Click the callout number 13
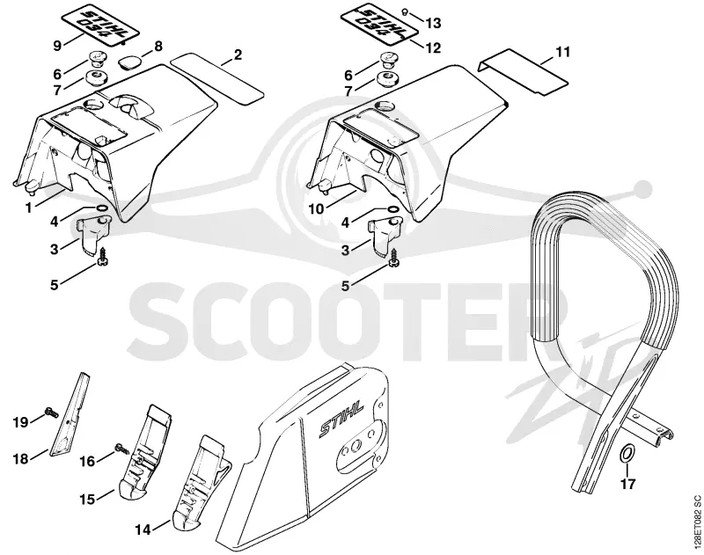pyautogui.click(x=433, y=23)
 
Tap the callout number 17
pyautogui.click(x=628, y=484)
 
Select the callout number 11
pyautogui.click(x=562, y=52)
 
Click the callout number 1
pyautogui.click(x=28, y=208)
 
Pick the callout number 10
pyautogui.click(x=317, y=208)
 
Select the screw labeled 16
pyautogui.click(x=121, y=449)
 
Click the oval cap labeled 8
pyautogui.click(x=130, y=62)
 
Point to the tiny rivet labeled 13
pyautogui.click(x=405, y=11)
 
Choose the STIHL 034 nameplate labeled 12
pyautogui.click(x=379, y=25)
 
